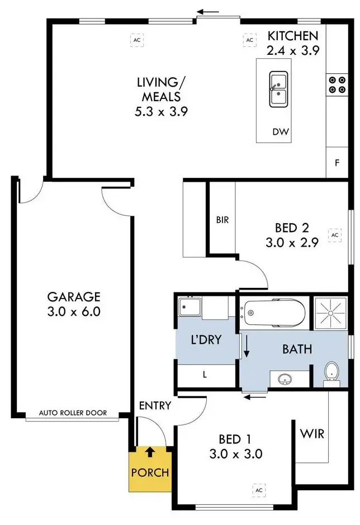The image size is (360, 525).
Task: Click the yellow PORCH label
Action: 150,472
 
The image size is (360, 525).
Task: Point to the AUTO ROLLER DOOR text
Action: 73,414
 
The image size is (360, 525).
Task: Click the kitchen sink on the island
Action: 278,89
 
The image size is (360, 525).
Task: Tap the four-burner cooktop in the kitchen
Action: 337,84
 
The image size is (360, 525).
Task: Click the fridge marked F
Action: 337,164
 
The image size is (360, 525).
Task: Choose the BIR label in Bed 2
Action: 222,220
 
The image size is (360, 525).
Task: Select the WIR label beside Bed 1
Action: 312,434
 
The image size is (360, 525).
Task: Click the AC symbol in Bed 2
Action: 335,235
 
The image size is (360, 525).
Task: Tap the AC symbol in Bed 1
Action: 258,490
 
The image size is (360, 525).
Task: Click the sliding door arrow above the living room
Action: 211,11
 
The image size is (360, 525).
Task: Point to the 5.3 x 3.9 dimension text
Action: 161,111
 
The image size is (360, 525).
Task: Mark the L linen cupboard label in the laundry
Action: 205,375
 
